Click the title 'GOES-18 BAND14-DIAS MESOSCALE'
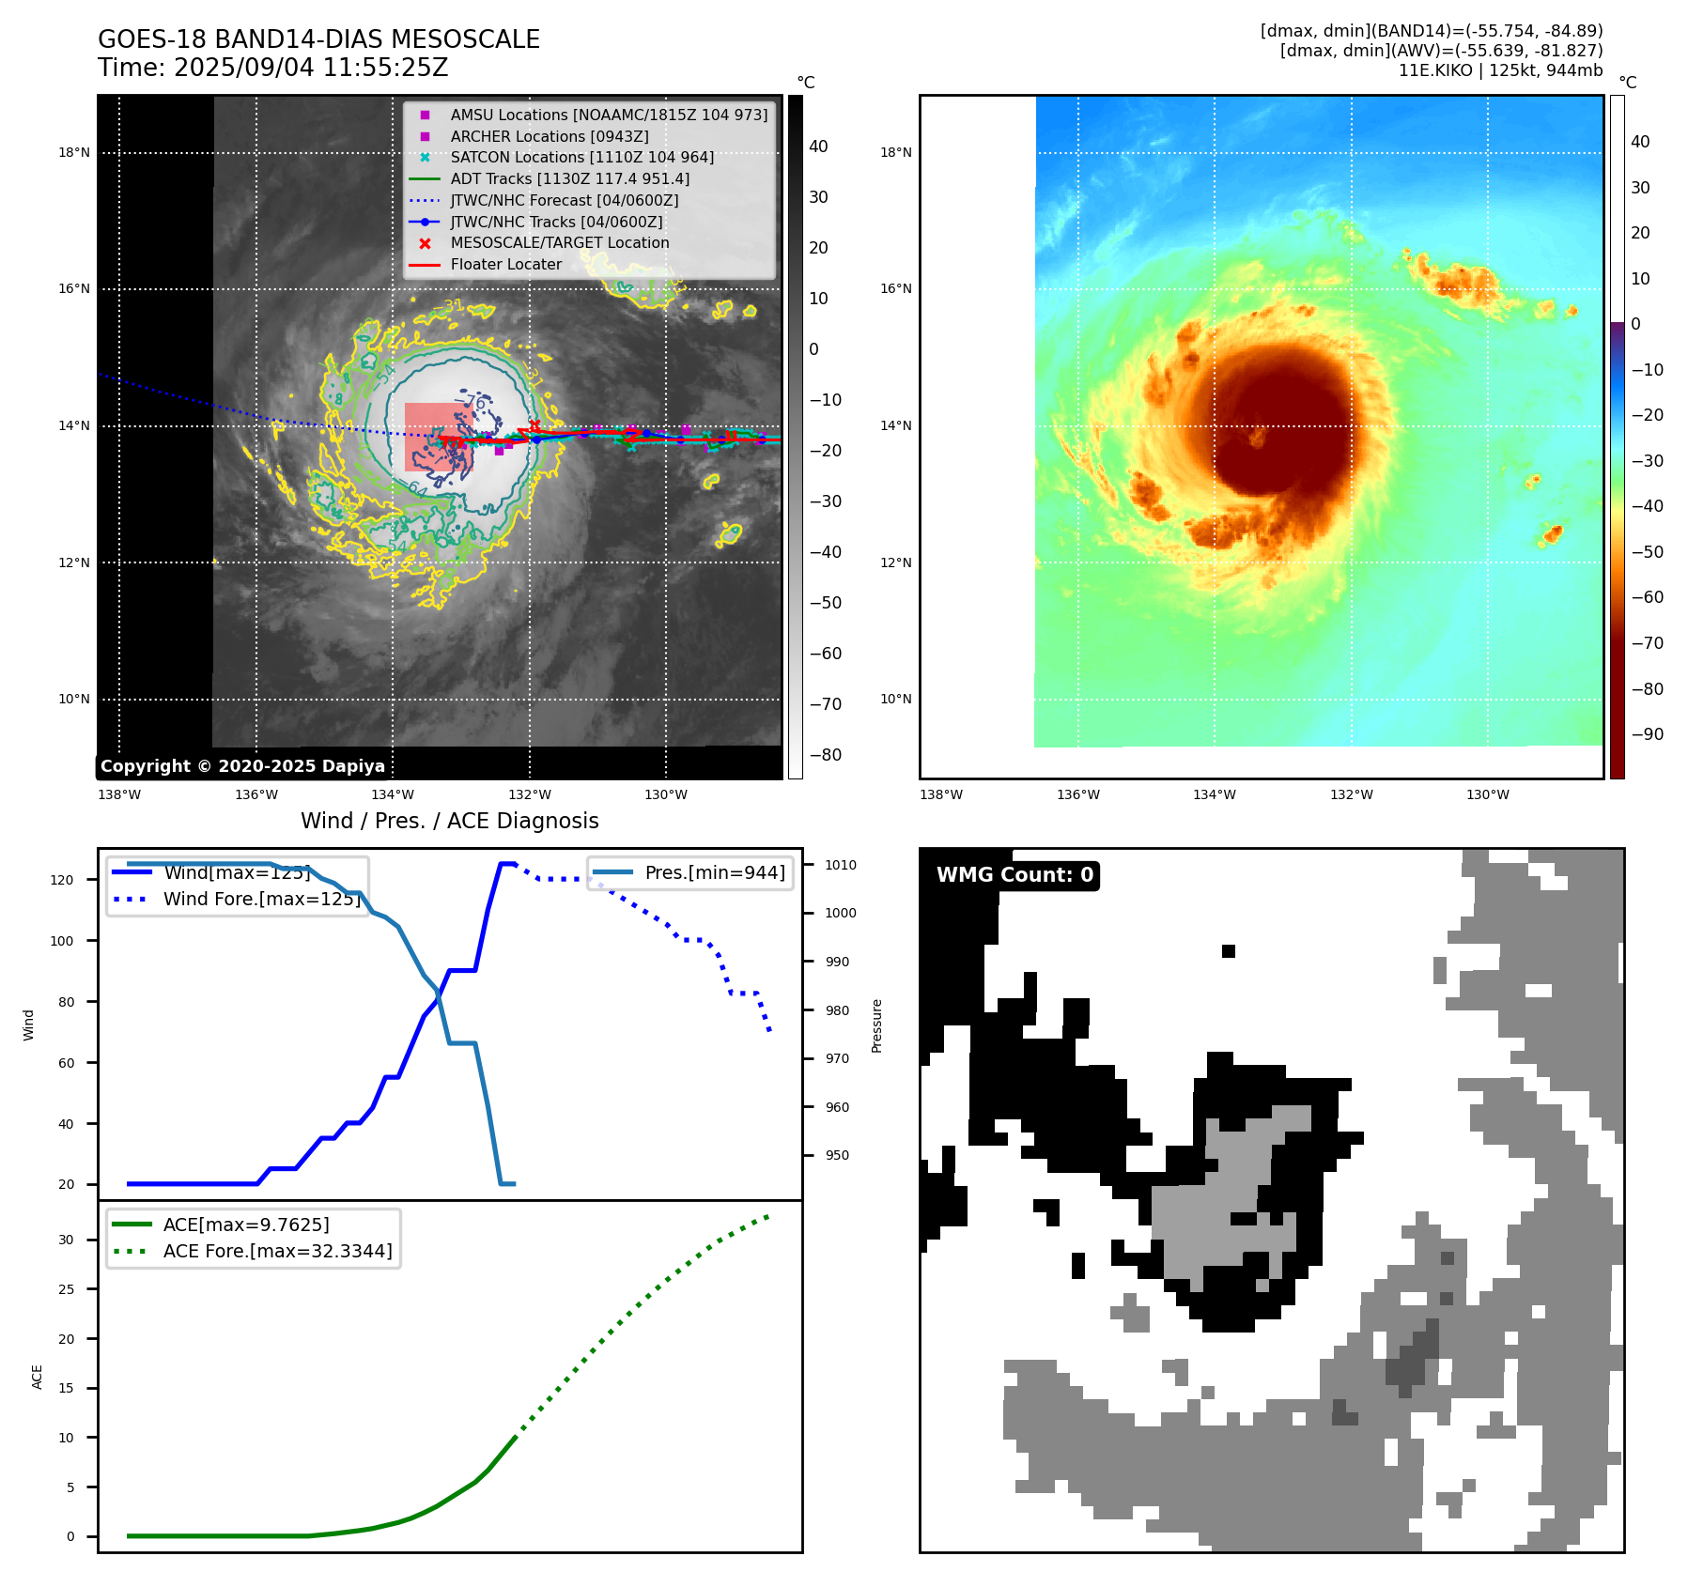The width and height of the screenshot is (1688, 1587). (318, 39)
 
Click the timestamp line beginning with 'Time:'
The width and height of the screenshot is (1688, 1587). (272, 68)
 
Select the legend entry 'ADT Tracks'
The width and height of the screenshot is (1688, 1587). (569, 178)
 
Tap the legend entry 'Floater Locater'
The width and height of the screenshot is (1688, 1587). (505, 265)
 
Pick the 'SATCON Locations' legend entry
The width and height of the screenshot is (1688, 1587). (581, 157)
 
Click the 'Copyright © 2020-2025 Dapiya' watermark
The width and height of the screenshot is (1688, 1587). (242, 766)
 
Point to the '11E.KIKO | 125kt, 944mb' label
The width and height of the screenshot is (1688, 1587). (1500, 70)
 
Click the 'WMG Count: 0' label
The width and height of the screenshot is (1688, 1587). (1014, 875)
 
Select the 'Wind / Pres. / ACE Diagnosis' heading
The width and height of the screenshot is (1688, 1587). (449, 821)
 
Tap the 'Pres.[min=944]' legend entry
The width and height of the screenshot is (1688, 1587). (714, 872)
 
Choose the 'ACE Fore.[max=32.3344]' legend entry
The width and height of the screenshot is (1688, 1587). (277, 1251)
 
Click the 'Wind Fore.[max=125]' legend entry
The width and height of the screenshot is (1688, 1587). (261, 899)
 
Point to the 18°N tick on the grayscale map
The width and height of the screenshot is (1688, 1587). (74, 152)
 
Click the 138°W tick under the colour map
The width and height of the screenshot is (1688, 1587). (940, 794)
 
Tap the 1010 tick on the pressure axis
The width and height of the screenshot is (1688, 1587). (841, 865)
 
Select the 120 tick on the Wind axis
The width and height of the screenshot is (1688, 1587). (62, 880)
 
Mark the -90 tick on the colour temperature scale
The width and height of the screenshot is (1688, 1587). (1647, 734)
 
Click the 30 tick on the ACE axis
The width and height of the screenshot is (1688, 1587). (66, 1240)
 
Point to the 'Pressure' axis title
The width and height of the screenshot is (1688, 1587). (876, 1025)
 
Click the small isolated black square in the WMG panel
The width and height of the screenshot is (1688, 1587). (1228, 951)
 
